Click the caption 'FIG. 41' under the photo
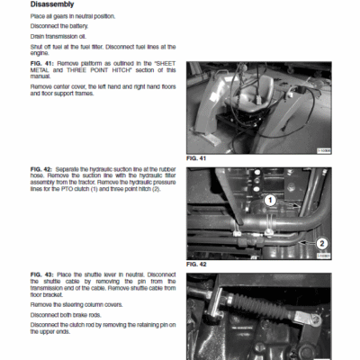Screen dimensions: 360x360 point(197,158)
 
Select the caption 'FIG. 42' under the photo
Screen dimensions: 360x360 point(197,265)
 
